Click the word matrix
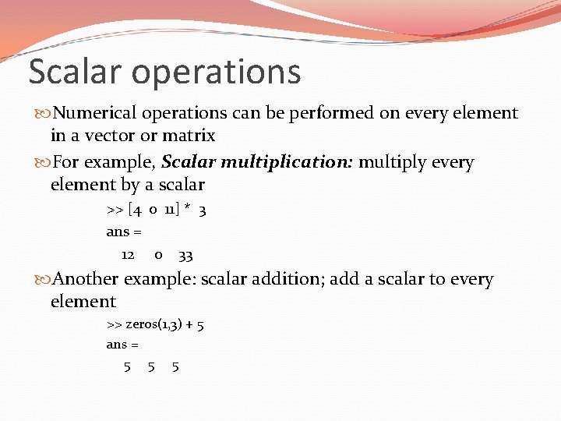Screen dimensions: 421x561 [x=189, y=136]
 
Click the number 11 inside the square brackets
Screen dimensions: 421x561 [x=171, y=210]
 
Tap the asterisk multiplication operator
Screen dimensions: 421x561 [x=188, y=209]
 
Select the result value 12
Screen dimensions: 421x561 [x=128, y=255]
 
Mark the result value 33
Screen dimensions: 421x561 [x=185, y=255]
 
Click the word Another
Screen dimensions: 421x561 [x=88, y=280]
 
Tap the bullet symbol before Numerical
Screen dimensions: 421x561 [x=43, y=114]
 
